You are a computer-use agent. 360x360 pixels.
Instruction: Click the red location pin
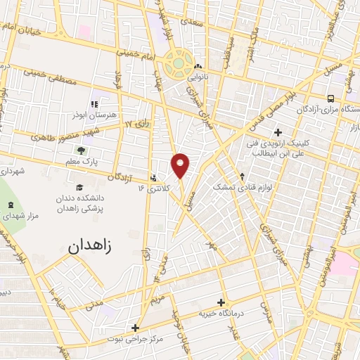tap(181, 165)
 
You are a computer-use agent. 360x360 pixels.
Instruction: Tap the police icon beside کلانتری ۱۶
tap(154, 177)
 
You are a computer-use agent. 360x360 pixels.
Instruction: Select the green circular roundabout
tap(179, 64)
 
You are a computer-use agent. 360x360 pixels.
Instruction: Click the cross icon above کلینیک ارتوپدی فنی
tap(278, 132)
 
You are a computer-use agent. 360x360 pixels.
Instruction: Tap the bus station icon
tap(330, 98)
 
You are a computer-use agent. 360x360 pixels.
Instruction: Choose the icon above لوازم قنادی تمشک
tap(243, 176)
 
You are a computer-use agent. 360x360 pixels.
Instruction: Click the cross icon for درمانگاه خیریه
tap(221, 302)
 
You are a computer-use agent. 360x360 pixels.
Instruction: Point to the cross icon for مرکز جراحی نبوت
tap(135, 327)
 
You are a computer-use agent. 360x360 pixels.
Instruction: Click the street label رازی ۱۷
tap(138, 124)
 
